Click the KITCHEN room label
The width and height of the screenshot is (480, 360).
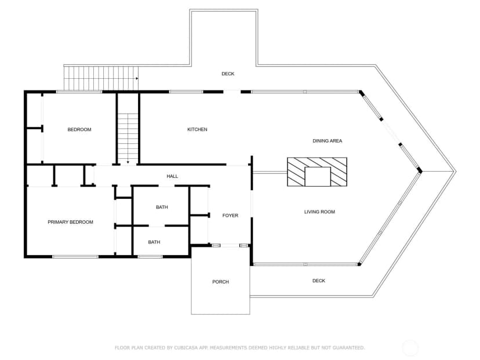pos(197,129)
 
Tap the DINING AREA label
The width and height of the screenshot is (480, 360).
pos(327,141)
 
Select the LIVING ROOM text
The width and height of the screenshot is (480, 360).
pos(319,212)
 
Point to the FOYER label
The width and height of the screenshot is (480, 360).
pos(230,216)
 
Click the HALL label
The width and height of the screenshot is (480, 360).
pos(172,176)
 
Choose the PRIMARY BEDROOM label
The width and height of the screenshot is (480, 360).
pos(70,222)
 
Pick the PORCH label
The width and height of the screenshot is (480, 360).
pos(220,282)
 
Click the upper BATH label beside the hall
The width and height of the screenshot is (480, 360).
pos(162,207)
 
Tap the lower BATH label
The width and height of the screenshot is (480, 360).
pos(154,242)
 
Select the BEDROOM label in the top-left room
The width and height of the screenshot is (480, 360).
pos(79,129)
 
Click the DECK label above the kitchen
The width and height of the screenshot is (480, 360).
pos(228,74)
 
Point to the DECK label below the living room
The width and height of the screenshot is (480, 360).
pos(319,281)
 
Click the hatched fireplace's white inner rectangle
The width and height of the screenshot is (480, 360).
pos(318,177)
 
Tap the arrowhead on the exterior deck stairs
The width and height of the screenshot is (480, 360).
pos(137,78)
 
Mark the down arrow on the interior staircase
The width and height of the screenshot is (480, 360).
pos(128,162)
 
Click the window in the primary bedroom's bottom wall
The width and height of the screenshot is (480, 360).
pos(75,257)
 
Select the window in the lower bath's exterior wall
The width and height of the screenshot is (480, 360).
pos(150,257)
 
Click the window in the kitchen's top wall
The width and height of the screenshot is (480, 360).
pos(187,92)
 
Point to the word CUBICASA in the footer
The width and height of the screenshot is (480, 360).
pos(186,348)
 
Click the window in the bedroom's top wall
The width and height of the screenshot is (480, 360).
pos(79,92)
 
